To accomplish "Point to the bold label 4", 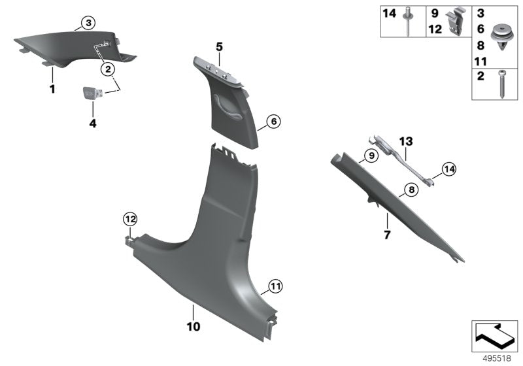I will click(92, 122).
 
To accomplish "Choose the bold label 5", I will click(220, 46).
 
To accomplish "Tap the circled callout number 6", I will click(273, 121).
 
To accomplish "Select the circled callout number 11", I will click(275, 286).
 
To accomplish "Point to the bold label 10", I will click(194, 325).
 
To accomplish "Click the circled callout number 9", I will click(370, 156).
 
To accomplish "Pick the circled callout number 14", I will click(447, 169).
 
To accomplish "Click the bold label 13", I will click(406, 141).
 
